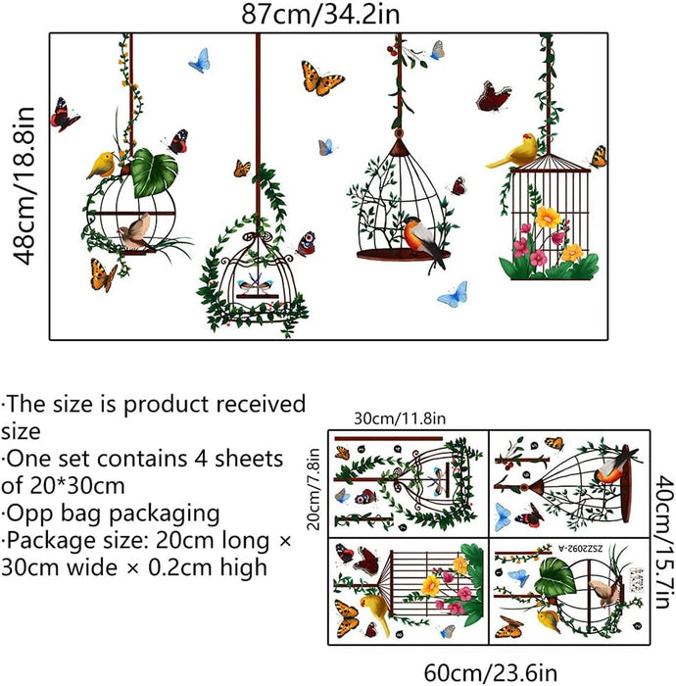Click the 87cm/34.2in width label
[x=320, y=14]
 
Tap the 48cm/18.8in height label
[x=24, y=185]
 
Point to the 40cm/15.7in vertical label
[x=664, y=542]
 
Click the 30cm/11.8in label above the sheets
[x=400, y=418]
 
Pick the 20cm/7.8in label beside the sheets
[x=314, y=489]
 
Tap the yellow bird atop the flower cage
[x=513, y=151]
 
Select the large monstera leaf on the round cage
[x=154, y=172]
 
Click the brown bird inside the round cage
[x=135, y=233]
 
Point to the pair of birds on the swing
[x=256, y=283]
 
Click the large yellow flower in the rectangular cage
[x=548, y=217]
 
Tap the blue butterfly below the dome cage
[x=454, y=294]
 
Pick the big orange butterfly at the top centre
[x=321, y=78]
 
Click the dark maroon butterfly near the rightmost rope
[x=493, y=96]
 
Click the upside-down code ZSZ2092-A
[x=580, y=548]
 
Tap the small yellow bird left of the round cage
[x=102, y=165]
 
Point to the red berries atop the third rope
[x=393, y=51]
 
